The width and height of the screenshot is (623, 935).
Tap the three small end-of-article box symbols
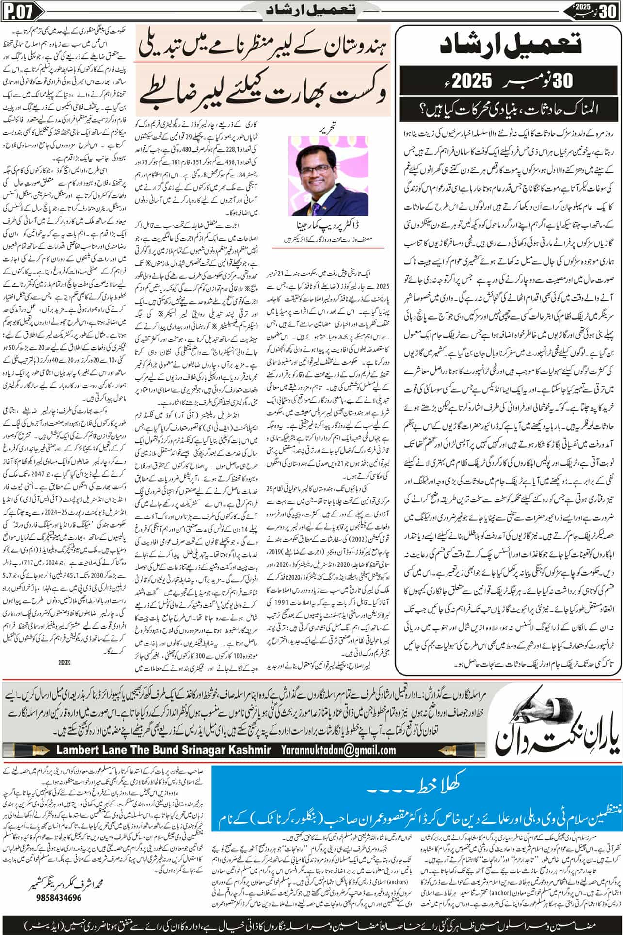click(x=64, y=661)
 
